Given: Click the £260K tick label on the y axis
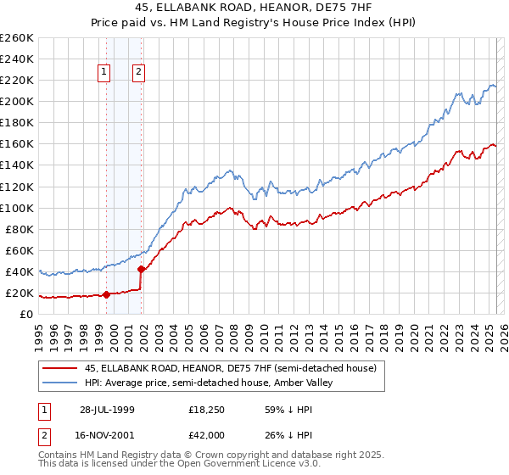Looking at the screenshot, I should point(16,38).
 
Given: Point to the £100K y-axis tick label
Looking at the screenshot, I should point(16,208).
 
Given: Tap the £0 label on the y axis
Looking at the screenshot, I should point(26,315).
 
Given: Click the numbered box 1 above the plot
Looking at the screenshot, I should point(104,73).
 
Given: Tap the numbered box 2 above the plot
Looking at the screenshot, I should point(137,73).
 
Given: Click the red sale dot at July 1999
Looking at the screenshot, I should point(106,295).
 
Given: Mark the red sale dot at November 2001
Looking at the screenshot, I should point(141,270).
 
